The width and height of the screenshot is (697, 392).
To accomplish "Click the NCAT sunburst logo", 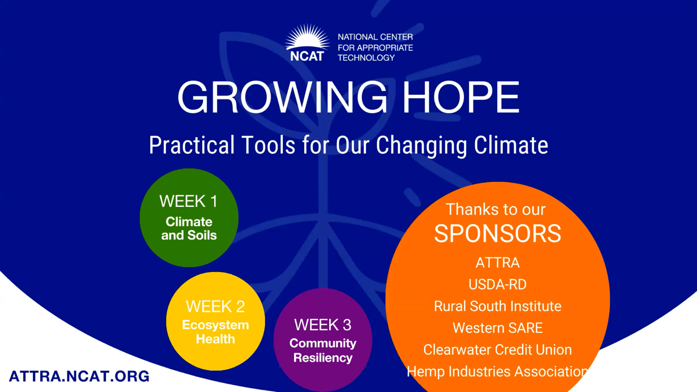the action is point(307,43).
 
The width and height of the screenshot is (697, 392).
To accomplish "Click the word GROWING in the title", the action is point(282,97).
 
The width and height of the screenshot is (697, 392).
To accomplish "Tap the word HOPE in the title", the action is point(461,97).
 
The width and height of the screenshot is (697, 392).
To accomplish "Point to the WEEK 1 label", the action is point(189,201).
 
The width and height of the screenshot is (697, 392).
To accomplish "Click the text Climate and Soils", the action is point(189,228).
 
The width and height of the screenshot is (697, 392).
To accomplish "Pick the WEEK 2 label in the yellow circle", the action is point(215,307).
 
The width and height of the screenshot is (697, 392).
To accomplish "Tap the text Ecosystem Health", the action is point(215,332).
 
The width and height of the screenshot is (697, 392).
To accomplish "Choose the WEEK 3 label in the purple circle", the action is point(323,325).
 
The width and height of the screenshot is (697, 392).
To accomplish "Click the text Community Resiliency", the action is point(323,350).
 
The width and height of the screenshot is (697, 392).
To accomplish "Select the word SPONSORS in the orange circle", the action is point(498,234).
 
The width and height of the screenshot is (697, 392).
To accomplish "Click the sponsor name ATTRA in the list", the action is point(498,263).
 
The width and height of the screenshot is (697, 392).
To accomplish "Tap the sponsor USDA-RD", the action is point(498,284).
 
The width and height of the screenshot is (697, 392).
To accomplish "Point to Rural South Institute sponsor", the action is point(498,306).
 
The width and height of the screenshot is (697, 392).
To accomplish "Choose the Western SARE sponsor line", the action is point(498,328).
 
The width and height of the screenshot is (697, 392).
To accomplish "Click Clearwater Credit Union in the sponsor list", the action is point(498,350).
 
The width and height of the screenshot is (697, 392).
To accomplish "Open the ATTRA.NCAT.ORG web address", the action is point(79,376).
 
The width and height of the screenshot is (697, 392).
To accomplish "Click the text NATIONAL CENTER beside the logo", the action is point(375,37).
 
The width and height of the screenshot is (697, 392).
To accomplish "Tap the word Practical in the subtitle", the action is point(192,146).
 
